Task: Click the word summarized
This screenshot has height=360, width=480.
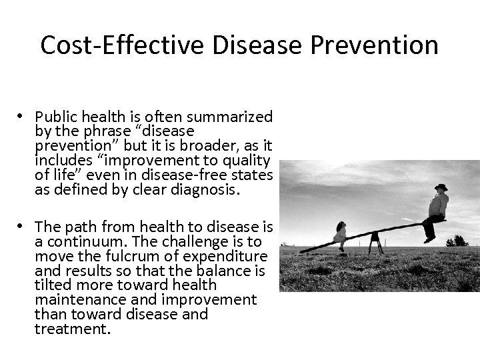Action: tap(230, 117)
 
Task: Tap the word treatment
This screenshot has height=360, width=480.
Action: tap(72, 329)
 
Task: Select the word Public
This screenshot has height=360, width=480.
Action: tap(55, 117)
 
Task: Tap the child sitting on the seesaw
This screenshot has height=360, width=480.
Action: tap(341, 233)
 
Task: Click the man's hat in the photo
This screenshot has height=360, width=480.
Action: tap(441, 188)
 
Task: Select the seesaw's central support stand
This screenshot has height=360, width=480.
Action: tap(376, 241)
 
